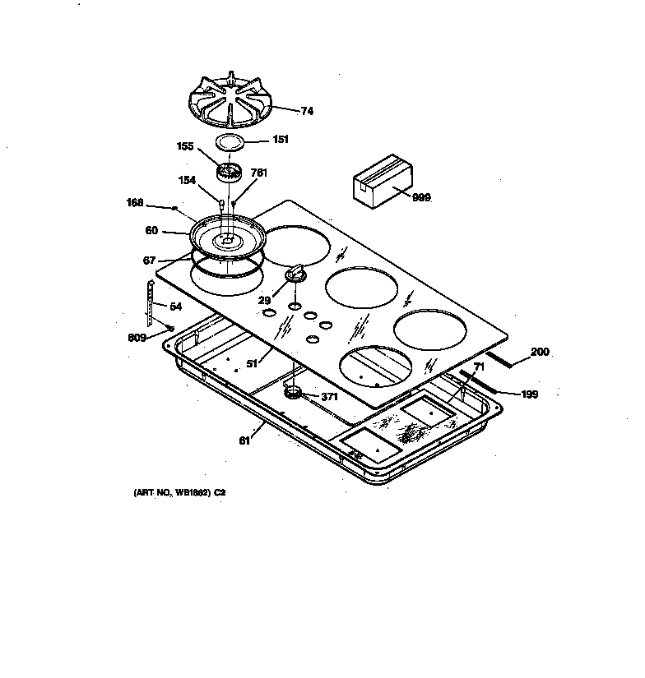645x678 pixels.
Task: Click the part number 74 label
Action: [x=284, y=111]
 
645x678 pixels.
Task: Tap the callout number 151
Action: [x=281, y=140]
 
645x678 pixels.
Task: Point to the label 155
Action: [x=185, y=147]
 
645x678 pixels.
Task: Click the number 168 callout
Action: [x=136, y=202]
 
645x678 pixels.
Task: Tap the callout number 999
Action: [x=421, y=198]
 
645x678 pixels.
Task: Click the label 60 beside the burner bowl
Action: [x=151, y=231]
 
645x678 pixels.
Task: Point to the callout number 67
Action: [x=149, y=261]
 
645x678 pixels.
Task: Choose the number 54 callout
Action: [x=175, y=307]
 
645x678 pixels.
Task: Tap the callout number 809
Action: [x=137, y=337]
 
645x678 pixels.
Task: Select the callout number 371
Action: [x=329, y=397]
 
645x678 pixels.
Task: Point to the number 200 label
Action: [x=540, y=353]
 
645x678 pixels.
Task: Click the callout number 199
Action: [x=531, y=394]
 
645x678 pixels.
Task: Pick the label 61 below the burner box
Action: [x=244, y=440]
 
